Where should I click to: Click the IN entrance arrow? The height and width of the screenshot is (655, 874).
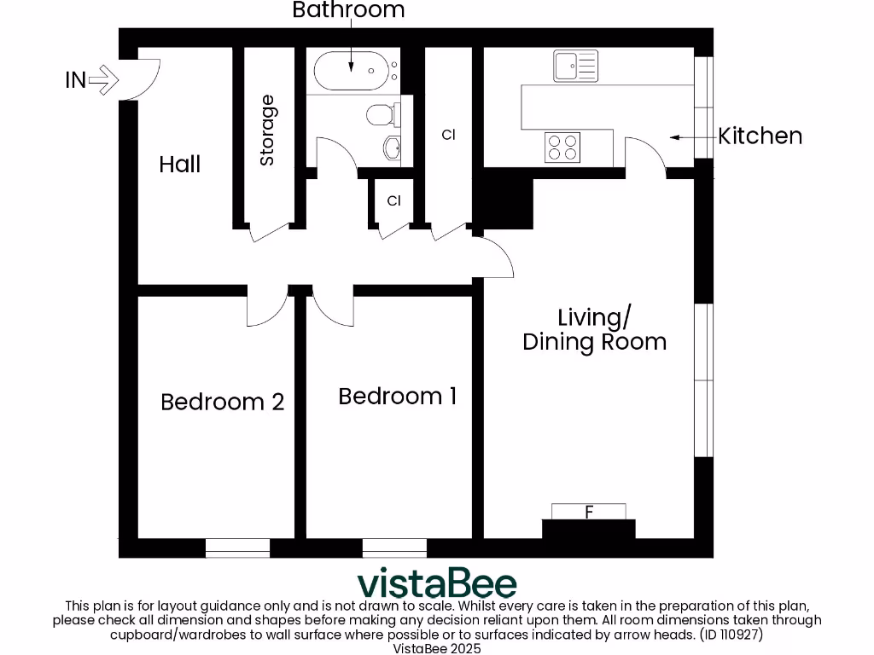tap(103, 81)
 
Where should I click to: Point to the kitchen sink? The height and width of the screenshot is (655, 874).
tap(576, 67)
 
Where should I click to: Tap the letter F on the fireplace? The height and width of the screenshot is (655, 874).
tap(589, 512)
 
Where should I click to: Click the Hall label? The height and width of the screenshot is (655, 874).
tap(180, 164)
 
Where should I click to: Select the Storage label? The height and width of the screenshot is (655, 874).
tap(267, 130)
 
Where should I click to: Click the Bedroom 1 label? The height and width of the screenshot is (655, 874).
tap(397, 397)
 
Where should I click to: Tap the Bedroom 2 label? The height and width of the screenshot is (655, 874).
tap(222, 402)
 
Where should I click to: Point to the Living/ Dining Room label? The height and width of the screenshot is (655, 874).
tap(594, 330)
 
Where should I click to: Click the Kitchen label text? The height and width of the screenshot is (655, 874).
tap(760, 136)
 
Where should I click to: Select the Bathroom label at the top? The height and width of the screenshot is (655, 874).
tap(348, 10)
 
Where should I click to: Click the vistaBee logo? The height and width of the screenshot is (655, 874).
tap(437, 584)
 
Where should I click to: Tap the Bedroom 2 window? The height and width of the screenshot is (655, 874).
tap(238, 548)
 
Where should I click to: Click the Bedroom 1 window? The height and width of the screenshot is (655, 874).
tap(394, 548)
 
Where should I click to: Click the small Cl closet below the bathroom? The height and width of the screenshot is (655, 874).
tap(393, 201)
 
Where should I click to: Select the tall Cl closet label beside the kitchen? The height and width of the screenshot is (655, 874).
tap(449, 135)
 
